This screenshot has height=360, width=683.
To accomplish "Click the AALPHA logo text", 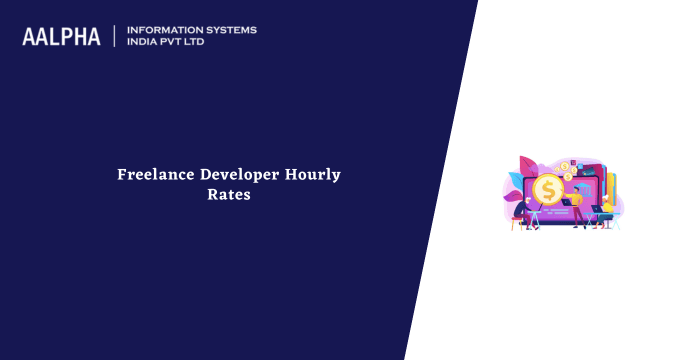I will pos(61,37).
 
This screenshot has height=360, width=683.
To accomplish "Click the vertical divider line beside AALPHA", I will pos(115,36).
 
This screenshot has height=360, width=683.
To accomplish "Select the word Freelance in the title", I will pos(154,175).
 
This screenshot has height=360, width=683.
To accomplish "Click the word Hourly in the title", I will pos(313,175).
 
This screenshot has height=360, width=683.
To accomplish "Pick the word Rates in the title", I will pos(228,196).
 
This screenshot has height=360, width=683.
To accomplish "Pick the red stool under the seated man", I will pos(516,225).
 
